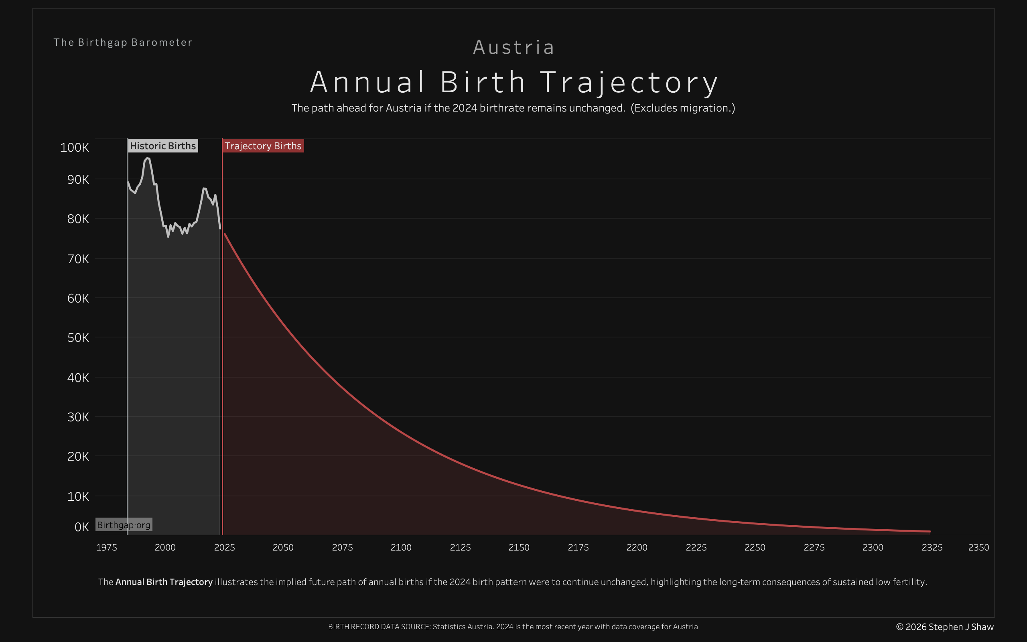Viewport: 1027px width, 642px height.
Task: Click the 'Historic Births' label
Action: (x=163, y=146)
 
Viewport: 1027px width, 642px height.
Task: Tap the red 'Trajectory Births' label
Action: (x=263, y=146)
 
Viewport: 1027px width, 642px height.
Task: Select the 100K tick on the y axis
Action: (x=75, y=148)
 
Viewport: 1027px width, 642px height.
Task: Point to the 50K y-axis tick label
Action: (x=78, y=338)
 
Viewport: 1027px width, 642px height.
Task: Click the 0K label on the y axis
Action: (x=81, y=527)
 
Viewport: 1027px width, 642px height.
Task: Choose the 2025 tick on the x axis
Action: (x=225, y=548)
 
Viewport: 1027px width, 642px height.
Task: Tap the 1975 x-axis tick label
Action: (x=107, y=548)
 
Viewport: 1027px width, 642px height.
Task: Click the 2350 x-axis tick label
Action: (x=978, y=548)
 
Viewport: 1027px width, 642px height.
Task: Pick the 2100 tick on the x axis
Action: (x=401, y=548)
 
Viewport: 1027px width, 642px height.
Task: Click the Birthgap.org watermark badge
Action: (x=124, y=525)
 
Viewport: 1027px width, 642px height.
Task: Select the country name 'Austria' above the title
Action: (x=513, y=47)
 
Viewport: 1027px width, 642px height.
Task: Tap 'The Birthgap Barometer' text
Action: (x=123, y=43)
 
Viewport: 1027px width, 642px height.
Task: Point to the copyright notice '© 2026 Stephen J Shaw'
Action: (x=945, y=627)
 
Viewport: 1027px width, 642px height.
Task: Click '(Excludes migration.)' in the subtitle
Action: (x=682, y=108)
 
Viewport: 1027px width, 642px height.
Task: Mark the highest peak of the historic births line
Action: (x=147, y=158)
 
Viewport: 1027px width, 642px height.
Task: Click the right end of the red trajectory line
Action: (x=930, y=531)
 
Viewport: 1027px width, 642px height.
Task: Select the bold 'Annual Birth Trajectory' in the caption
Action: (x=164, y=582)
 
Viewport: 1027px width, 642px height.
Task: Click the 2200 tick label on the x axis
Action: (x=637, y=548)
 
